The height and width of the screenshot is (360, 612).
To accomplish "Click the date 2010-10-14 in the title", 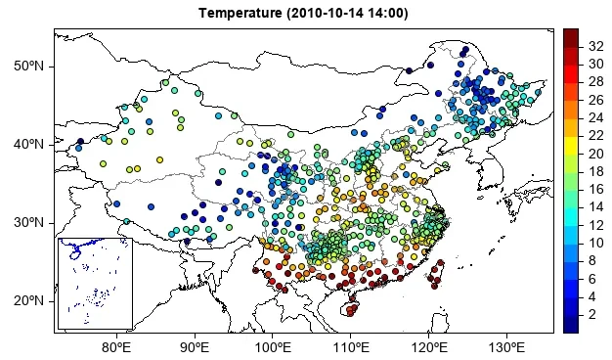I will coord(328,13).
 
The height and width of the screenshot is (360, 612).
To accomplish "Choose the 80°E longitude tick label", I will coord(116,347).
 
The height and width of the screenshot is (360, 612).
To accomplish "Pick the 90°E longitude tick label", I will coord(195,347).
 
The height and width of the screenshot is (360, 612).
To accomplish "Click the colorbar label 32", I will coord(595,46).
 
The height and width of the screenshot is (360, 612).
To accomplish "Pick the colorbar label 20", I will coord(595,154).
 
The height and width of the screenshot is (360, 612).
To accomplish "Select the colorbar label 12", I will coord(595,225).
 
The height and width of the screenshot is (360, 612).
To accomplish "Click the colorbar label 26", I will coord(595,100).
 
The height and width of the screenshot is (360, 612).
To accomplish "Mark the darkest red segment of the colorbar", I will coord(571,36).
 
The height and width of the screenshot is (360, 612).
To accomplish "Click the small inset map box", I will coord(94,283).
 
